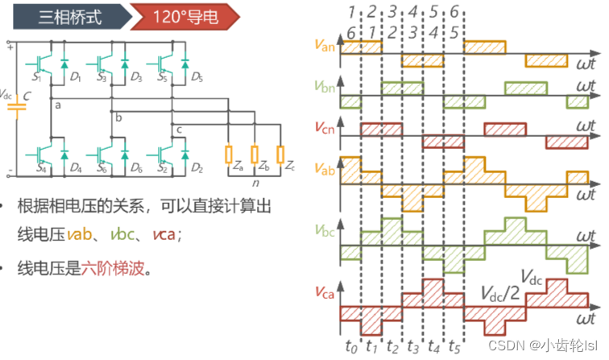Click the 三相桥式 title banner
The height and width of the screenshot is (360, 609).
[x=70, y=16]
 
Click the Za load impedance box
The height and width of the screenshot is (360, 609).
[x=230, y=153]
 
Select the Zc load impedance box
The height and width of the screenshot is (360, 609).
[x=280, y=153]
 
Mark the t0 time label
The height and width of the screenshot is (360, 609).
[x=350, y=348]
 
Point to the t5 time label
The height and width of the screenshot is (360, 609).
[x=454, y=348]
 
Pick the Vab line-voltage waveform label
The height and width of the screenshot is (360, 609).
[x=325, y=170]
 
